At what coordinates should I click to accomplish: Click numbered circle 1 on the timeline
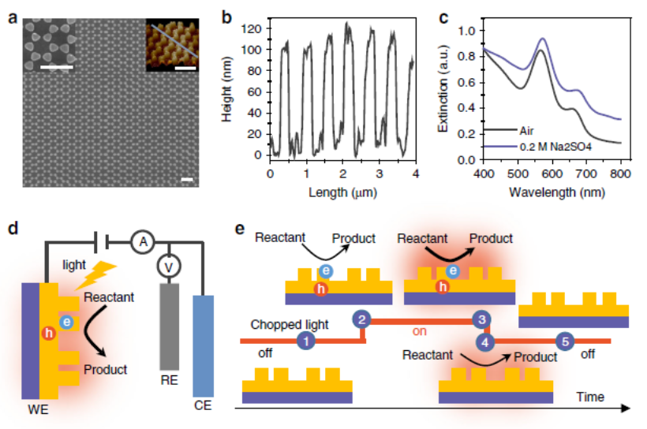pos(305,341)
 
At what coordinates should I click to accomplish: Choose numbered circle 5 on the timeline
pos(565,341)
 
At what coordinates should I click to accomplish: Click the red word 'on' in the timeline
pos(419,331)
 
